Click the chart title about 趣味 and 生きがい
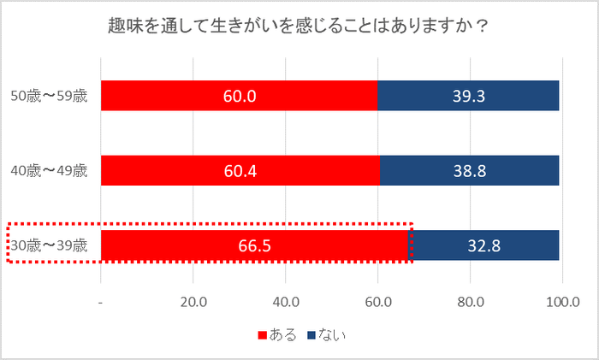pos(299,25)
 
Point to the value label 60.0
pos(240,96)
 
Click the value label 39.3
pos(469,96)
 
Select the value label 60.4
pos(240,171)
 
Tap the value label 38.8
pos(469,171)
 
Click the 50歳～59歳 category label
pos(49,96)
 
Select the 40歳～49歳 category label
pos(49,170)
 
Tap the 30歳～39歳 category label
pos(49,245)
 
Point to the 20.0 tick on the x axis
pos(193,301)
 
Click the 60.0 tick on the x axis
pos(378,301)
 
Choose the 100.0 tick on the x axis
pos(562,301)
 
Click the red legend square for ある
pos(262,335)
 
